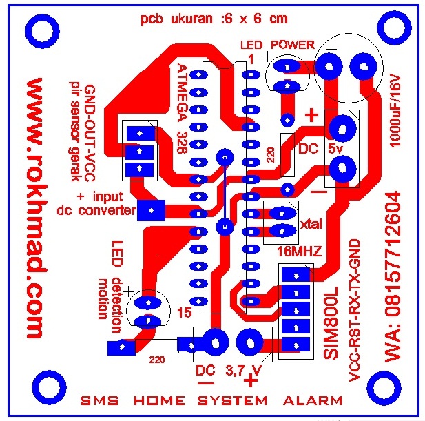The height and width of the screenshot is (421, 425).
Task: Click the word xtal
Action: pos(311,224)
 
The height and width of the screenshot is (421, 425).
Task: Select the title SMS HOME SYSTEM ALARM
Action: pos(212,400)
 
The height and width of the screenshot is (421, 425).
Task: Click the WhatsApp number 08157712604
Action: pos(394,276)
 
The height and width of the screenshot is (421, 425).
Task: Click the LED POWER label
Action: pos(277,45)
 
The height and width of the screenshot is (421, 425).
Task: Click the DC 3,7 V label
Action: pos(229,370)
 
